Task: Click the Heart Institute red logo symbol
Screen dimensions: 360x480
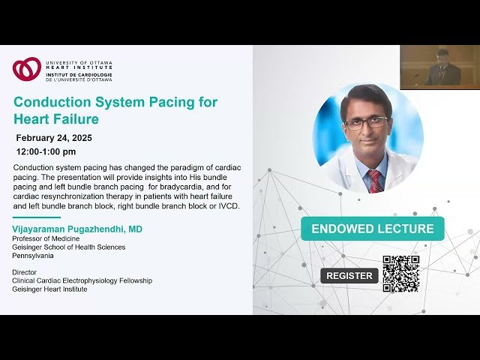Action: point(26,69)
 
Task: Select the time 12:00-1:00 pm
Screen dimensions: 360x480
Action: point(46,151)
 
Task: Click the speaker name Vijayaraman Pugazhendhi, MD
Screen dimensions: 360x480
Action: point(77,229)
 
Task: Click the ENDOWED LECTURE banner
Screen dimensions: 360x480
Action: point(372,229)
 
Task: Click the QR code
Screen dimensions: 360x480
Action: point(400,274)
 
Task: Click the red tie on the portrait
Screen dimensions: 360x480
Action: point(374,181)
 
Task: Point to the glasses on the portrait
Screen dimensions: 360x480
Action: point(366,122)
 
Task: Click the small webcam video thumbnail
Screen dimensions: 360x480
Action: point(439,67)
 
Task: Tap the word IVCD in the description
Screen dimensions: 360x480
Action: point(226,206)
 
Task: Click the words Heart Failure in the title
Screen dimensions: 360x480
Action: point(55,119)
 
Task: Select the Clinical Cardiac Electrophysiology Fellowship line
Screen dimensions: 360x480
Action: point(82,280)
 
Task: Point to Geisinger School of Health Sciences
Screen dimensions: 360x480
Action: point(68,247)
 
